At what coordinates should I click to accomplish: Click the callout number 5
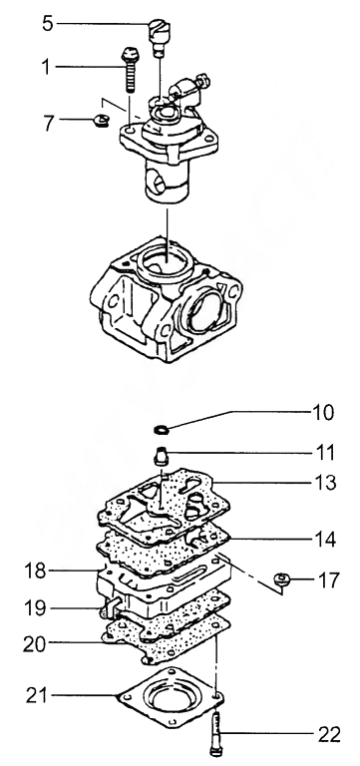[48, 24]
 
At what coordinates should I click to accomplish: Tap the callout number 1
[46, 67]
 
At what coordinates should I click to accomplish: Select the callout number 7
[48, 123]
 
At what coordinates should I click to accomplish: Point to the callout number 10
[323, 413]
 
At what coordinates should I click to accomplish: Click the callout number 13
[325, 483]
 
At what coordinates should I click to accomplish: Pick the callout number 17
[328, 580]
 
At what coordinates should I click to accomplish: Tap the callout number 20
[34, 644]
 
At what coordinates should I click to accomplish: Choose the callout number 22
[329, 734]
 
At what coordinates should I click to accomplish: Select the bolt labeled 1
[130, 70]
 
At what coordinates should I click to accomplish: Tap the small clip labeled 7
[101, 119]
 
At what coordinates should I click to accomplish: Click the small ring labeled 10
[162, 430]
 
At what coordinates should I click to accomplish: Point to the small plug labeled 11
[161, 456]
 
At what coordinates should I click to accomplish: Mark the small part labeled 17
[282, 578]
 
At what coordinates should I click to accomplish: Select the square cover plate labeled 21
[171, 696]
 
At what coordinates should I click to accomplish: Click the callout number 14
[325, 540]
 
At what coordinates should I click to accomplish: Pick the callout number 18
[35, 571]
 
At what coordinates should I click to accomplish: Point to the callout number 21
[37, 695]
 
